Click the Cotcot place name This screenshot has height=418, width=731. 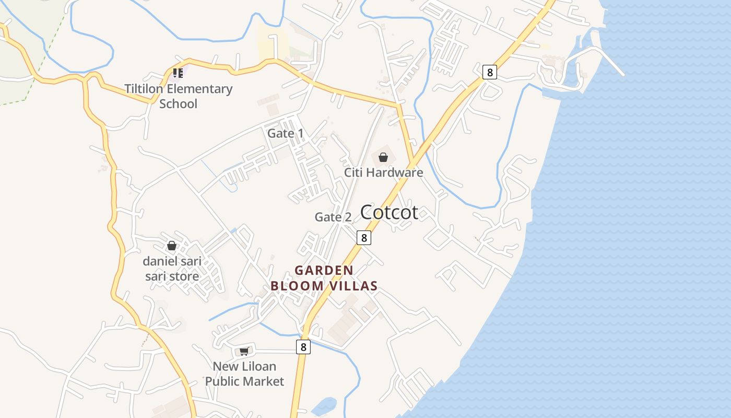pos(389,212)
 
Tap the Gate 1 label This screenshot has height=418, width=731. pos(285,133)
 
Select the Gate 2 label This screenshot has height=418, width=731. pos(333,217)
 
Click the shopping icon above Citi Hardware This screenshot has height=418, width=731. pos(383,157)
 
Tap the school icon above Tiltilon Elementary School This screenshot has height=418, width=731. pos(178,73)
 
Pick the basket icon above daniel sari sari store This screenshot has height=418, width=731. pos(172,245)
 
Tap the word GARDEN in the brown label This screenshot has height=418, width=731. pos(324,270)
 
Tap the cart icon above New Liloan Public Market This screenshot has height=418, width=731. pos(244,351)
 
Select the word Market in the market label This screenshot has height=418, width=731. pos(264,381)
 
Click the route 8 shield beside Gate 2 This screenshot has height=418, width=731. pos(364,238)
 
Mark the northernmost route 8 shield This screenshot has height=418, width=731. pos(489,72)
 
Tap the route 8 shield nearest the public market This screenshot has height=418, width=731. pos(303,346)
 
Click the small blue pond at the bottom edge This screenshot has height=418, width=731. pos(326,405)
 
